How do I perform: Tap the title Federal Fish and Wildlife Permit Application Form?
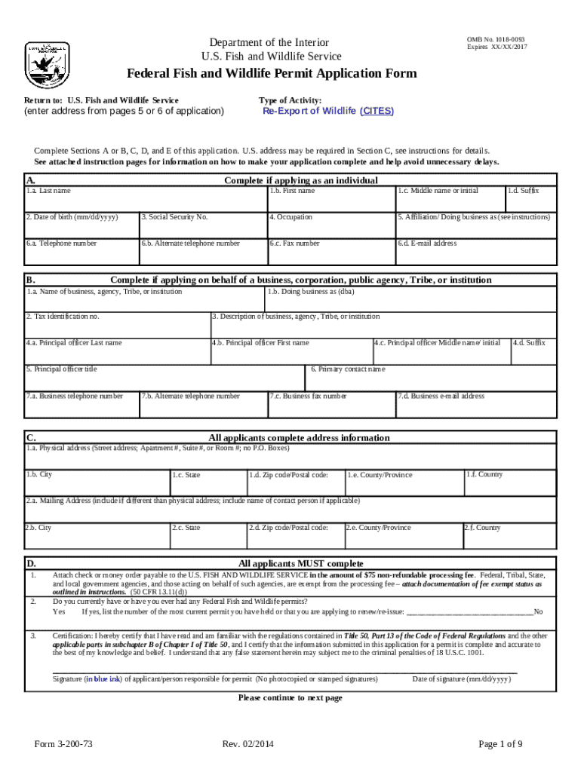271,74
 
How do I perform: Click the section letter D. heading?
32,563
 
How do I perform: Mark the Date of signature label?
461,679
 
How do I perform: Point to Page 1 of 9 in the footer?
501,744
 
